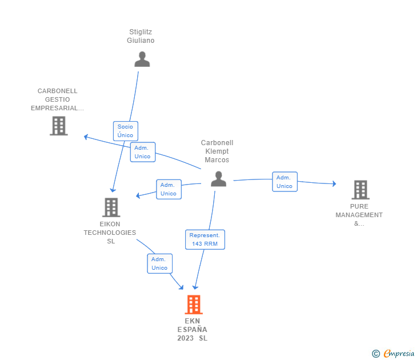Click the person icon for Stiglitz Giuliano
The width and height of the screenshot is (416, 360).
pos(142,59)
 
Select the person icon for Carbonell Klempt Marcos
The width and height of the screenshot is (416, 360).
pos(218,179)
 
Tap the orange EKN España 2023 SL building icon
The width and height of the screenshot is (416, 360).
pos(194,305)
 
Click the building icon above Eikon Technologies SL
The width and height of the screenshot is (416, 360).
pos(111,207)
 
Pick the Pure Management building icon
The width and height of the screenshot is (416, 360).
pos(360,189)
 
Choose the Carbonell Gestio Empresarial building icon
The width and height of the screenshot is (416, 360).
pos(59,126)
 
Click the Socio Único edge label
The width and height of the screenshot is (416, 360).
pos(125,131)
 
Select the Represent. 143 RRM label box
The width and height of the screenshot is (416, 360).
pos(205,239)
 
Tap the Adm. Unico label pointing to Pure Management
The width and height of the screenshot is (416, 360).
pos(284,182)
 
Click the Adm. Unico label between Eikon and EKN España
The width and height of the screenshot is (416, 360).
pos(159,263)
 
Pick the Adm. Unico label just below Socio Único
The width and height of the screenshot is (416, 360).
pos(142,152)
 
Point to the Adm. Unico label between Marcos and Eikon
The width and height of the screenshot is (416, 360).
pos(169,189)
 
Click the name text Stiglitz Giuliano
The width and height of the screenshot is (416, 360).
pos(141,36)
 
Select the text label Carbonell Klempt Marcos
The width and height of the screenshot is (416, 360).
pos(217,151)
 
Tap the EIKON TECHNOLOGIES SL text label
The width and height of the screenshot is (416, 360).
pos(110,233)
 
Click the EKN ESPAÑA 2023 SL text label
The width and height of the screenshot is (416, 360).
pos(193,330)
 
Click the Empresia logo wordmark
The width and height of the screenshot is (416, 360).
pos(399,354)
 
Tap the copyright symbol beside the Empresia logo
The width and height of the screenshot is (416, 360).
pos(375,354)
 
